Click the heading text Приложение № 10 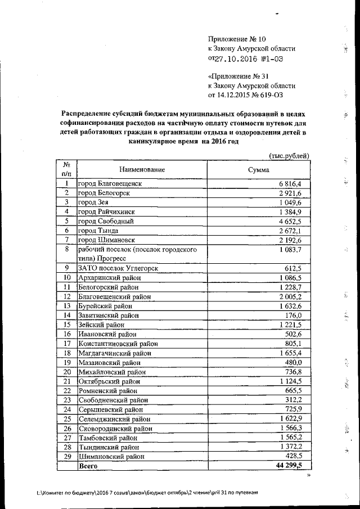point(236,39)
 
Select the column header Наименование point(142,169)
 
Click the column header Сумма point(259,169)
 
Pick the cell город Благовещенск point(110,183)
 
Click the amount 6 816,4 point(290,184)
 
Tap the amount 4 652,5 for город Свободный point(290,221)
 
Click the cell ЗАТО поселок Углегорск point(115,267)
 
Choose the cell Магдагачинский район point(115,352)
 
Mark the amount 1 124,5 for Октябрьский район point(290,381)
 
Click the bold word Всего point(88,466)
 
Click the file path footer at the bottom point(147,492)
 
